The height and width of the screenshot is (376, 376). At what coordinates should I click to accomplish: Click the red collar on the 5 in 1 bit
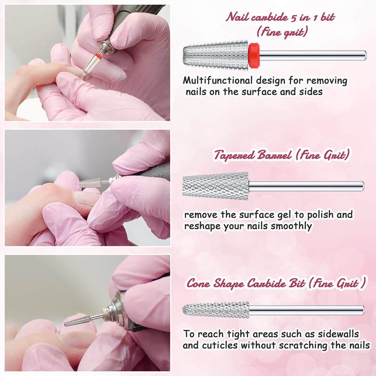254,55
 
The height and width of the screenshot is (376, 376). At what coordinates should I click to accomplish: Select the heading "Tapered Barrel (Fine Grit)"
282,155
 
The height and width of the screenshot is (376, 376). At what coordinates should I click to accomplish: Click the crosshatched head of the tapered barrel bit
215,186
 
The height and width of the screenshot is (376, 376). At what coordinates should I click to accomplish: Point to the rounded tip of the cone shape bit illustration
184,310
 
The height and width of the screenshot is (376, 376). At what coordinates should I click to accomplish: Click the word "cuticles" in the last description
220,345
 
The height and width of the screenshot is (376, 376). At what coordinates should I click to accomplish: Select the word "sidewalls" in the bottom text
338,334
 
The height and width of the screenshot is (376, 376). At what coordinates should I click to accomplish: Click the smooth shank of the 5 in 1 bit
313,55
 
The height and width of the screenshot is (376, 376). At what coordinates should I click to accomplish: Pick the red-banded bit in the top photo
92,63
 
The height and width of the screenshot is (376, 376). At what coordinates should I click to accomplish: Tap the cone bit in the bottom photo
78,321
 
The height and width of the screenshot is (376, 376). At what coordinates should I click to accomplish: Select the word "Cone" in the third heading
198,283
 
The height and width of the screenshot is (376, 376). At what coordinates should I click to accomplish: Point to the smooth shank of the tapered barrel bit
306,186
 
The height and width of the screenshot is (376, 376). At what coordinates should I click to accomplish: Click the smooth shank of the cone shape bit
307,310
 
